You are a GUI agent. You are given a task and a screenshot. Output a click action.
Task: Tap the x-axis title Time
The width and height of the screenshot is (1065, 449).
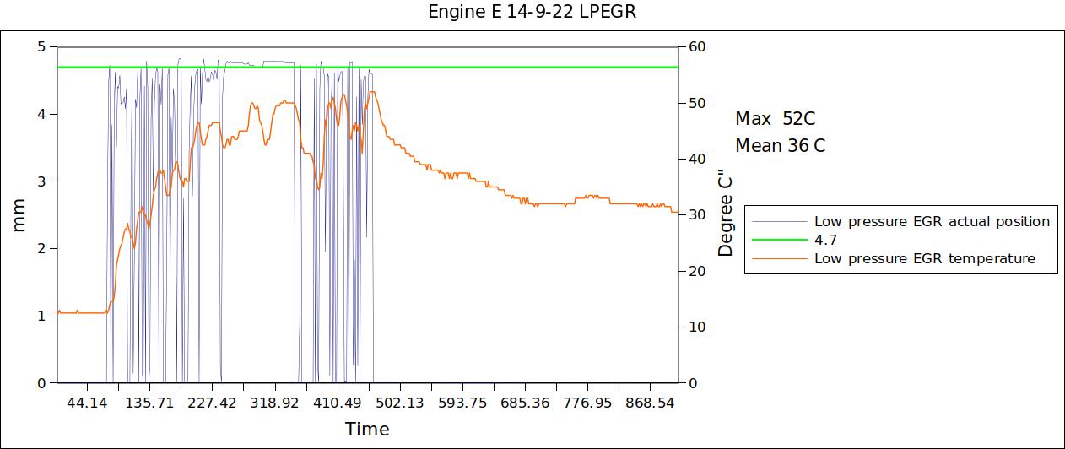367,429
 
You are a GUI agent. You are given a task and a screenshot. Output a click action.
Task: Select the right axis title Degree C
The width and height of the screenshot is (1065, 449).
727,214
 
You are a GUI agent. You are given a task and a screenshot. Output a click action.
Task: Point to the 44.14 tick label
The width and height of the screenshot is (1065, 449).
87,403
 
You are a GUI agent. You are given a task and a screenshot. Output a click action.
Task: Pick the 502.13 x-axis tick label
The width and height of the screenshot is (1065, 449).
400,403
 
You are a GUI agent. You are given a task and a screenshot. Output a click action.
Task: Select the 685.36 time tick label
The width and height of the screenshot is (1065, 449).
524,403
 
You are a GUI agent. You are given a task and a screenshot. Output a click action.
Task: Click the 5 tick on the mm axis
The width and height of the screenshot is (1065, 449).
41,46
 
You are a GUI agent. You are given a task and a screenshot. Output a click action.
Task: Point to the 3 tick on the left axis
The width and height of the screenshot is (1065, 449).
41,181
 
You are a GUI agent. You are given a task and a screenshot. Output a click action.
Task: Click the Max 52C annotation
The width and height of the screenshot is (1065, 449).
775,119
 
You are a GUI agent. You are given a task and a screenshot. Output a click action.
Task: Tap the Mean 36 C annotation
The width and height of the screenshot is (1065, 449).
780,146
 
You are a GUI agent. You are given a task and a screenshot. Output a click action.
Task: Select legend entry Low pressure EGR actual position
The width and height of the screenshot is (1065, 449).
932,221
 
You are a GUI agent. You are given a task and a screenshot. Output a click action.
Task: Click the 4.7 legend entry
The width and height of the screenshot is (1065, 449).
824,240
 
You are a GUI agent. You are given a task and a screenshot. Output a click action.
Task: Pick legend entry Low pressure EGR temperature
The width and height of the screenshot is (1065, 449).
924,258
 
